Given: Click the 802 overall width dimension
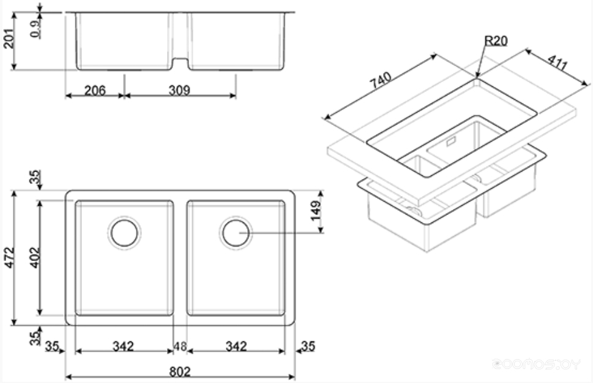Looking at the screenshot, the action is (x=180, y=371).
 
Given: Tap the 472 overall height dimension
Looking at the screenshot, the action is (x=9, y=257).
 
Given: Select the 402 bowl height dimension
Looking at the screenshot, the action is (x=34, y=257).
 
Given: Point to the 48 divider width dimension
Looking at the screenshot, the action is (x=180, y=346).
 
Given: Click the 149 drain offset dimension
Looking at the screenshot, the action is (x=315, y=210).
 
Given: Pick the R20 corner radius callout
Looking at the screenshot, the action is (x=496, y=40).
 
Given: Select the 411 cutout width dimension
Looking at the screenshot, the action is (x=558, y=63).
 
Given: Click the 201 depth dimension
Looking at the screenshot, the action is (x=9, y=38).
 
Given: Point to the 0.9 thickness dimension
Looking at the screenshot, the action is (x=35, y=29).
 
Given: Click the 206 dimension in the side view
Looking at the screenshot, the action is (x=95, y=91).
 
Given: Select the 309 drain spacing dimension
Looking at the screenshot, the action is (x=179, y=90).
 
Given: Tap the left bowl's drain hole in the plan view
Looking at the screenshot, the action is (x=124, y=233).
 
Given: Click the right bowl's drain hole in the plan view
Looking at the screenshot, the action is (x=236, y=233).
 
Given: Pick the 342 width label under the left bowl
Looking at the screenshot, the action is (x=123, y=346).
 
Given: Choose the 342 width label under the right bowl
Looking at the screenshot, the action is (x=236, y=346).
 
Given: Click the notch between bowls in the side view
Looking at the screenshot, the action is (x=181, y=63).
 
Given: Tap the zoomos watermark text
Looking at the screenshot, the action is (x=536, y=364).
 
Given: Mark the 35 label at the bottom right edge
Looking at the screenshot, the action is (x=308, y=346).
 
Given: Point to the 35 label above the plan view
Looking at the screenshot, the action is (x=34, y=177).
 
